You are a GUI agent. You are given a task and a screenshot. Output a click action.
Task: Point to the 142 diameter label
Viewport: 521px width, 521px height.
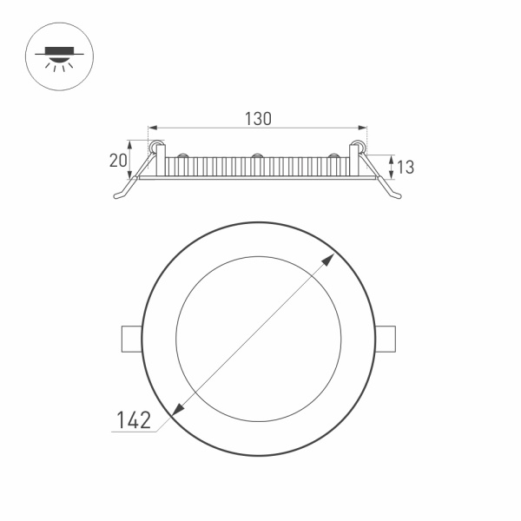tap(134, 420)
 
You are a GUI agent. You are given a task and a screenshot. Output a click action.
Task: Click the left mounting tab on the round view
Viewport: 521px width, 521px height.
tap(130, 339)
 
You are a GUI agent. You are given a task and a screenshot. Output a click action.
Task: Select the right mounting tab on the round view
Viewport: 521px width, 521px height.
tap(386, 339)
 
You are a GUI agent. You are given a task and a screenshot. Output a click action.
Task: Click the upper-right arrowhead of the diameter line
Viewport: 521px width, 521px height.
tap(333, 258)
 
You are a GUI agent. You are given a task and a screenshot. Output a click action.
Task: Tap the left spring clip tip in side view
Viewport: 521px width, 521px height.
tap(118, 197)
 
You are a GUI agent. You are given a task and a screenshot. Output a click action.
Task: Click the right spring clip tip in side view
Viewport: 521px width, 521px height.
tap(398, 197)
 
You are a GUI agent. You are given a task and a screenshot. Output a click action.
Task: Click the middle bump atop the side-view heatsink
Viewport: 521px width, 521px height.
tap(257, 156)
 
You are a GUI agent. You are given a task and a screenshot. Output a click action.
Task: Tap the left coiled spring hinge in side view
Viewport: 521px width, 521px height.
tap(156, 146)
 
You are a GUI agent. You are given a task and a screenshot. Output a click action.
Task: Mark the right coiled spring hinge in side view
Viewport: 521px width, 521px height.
tap(359, 146)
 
